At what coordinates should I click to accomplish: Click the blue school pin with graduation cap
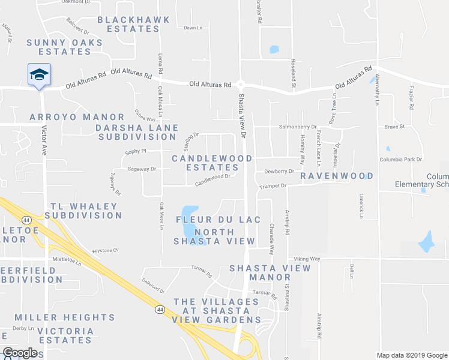[x=39, y=74]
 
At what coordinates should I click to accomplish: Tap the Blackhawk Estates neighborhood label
[x=133, y=24]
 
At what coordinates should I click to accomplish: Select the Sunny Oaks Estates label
[x=65, y=47]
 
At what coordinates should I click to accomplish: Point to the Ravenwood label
[x=337, y=176]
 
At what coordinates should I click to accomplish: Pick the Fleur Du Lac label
[x=218, y=220]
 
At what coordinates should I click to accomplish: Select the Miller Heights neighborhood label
[x=65, y=317]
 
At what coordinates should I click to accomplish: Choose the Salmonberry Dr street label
[x=298, y=127]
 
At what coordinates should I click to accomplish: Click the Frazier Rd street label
[x=411, y=98]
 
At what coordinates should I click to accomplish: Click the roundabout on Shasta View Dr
[x=240, y=85]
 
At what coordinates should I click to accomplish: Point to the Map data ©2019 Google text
[x=411, y=355]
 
